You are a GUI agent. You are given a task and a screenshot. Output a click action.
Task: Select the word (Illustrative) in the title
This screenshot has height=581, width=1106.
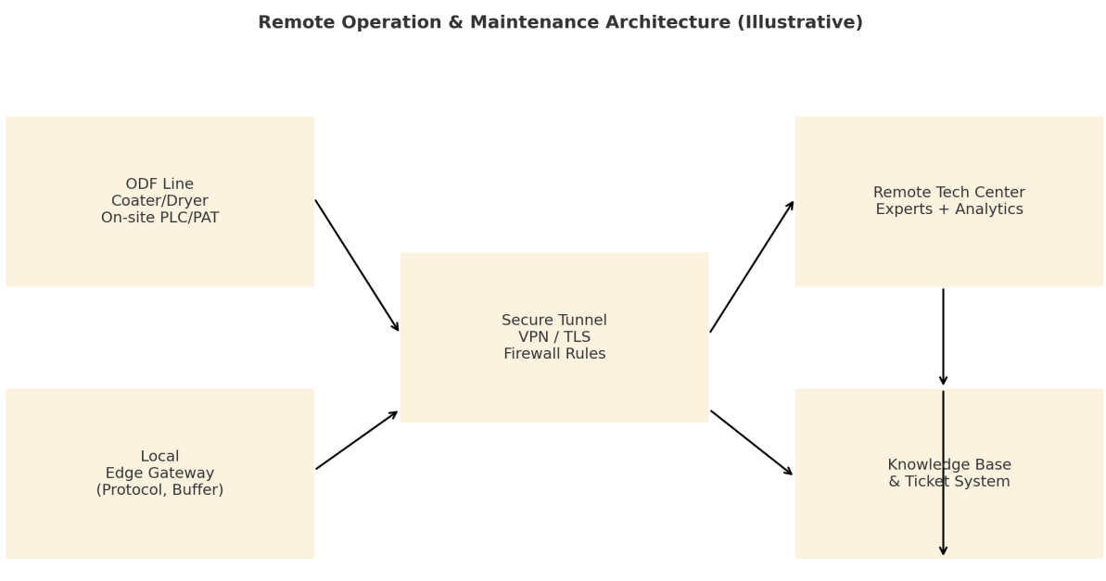800,22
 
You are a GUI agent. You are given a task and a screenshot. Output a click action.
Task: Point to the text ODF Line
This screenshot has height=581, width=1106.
159,184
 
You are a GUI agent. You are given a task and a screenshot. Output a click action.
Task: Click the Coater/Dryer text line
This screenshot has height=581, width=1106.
159,201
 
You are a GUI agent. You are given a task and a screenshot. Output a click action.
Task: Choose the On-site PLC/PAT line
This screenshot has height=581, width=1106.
160,217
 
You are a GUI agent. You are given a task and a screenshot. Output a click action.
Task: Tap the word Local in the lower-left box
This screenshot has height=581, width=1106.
160,456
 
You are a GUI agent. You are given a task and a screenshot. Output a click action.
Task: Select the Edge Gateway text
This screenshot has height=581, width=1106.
160,474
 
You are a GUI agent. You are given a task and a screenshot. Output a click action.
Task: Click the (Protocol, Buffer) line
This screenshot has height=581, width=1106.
160,489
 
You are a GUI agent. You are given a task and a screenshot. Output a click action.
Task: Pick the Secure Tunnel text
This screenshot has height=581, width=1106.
554,320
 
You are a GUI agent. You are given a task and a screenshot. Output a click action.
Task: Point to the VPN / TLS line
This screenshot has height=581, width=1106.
554,337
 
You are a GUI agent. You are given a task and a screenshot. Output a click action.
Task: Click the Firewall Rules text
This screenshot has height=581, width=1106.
554,353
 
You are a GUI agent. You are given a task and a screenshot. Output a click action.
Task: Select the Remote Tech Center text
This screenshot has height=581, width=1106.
949,193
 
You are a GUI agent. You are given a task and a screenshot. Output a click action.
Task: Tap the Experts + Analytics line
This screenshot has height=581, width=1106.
949,209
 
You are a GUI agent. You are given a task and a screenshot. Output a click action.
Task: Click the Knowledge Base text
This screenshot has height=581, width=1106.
949,464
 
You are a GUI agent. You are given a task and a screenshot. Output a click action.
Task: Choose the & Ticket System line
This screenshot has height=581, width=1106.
949,482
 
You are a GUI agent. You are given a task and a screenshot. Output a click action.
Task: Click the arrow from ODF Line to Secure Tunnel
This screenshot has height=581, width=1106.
357,266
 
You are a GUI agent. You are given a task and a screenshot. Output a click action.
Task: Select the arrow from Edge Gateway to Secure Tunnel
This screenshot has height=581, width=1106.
357,440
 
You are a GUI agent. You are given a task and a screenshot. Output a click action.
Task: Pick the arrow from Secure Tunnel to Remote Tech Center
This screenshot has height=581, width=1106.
752,267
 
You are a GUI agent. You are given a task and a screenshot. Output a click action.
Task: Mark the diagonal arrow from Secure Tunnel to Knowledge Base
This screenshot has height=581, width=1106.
752,443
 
